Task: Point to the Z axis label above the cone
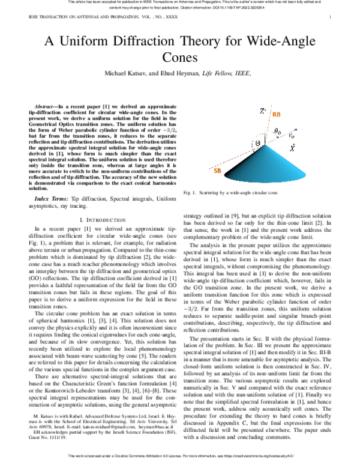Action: [262, 111]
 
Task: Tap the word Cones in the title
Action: [180, 58]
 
